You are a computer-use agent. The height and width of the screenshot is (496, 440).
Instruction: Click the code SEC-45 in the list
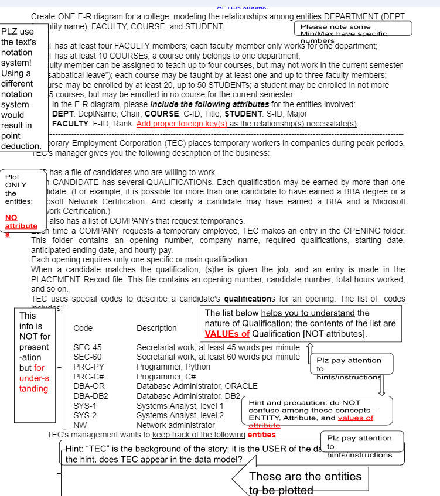(87, 347)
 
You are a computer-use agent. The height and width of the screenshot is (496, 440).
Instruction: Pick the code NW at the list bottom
(80, 425)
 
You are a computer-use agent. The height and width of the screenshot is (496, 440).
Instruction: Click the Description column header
(156, 328)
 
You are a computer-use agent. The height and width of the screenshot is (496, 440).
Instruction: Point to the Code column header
(83, 328)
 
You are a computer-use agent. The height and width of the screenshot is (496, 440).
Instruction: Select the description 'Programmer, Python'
(173, 367)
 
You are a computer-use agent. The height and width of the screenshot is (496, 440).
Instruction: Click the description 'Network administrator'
(176, 425)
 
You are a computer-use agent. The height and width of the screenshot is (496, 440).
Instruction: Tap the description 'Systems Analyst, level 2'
(180, 415)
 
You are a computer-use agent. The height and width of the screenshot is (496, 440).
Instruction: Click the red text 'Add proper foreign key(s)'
(182, 124)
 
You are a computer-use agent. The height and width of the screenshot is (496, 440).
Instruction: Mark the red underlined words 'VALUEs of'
(227, 334)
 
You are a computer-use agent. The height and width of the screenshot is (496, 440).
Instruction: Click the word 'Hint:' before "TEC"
(74, 449)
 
